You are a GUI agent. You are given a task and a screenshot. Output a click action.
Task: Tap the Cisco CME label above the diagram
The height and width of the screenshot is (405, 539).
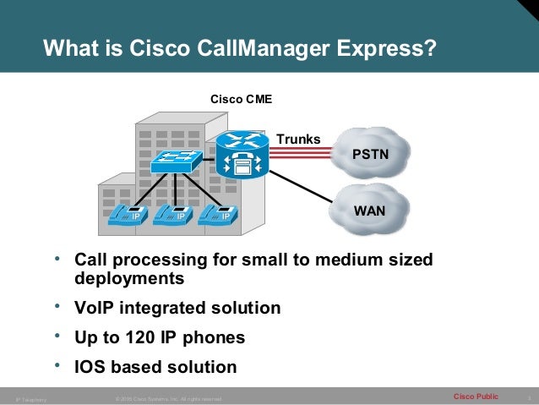(241, 100)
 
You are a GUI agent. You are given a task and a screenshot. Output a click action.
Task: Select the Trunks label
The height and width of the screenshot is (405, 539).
(299, 138)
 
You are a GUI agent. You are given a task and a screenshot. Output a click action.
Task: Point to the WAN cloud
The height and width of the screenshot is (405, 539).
(369, 207)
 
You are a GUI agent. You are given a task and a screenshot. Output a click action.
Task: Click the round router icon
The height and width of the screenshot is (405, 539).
(242, 155)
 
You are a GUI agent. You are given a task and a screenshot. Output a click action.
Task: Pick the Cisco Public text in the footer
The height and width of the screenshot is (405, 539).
(476, 396)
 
